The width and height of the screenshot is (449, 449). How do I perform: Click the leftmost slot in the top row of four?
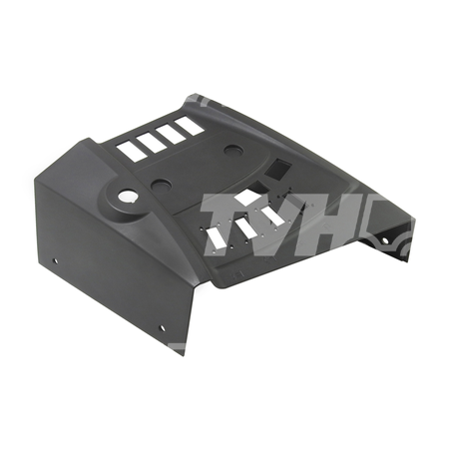131,151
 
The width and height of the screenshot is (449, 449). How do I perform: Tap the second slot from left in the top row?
151,143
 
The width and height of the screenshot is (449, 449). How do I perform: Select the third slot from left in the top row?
171,135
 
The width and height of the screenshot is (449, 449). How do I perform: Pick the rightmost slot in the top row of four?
190,127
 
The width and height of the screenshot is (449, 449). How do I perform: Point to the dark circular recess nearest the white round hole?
161,184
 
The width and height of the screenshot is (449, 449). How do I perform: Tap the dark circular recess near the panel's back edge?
234,151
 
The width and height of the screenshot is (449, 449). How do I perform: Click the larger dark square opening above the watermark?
276,168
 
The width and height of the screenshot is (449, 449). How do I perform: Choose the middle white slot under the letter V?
246,227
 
